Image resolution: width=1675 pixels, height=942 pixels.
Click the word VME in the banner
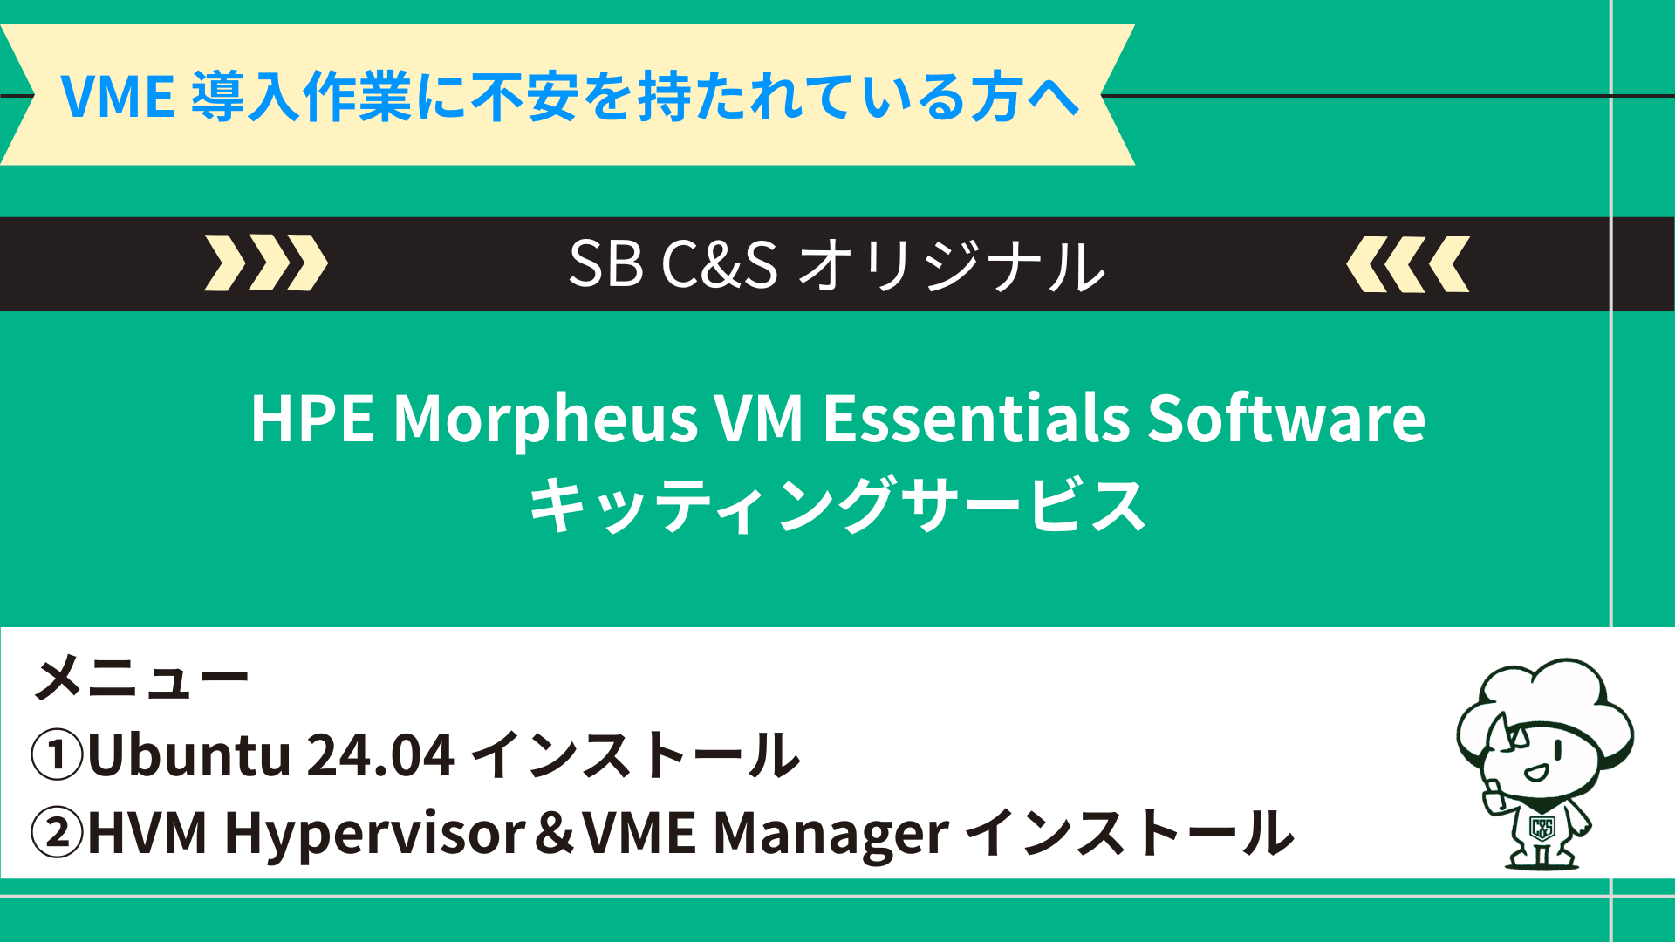coord(117,96)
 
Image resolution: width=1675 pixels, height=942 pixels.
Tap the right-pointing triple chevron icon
coord(266,263)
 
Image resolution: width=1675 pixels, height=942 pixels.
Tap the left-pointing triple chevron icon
coord(1408,263)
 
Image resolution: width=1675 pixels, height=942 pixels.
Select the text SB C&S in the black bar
coord(673,263)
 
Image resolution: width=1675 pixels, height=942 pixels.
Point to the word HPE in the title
coord(312,419)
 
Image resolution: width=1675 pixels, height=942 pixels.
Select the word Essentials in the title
coord(976,418)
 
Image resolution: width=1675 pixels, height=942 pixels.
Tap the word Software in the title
coord(1287,418)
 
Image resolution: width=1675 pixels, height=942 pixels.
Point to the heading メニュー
coord(142,678)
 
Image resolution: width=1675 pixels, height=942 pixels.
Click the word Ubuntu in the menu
coord(188,754)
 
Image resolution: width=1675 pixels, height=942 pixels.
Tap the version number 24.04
coord(380,755)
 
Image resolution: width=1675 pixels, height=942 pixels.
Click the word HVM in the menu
coord(147,833)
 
